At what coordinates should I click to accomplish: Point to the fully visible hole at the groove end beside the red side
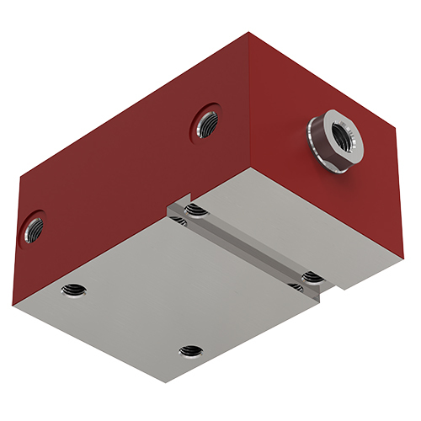[195, 210]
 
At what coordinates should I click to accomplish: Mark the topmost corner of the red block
[249, 33]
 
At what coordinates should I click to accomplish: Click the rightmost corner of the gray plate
[404, 257]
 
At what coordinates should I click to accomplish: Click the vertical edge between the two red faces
[249, 101]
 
